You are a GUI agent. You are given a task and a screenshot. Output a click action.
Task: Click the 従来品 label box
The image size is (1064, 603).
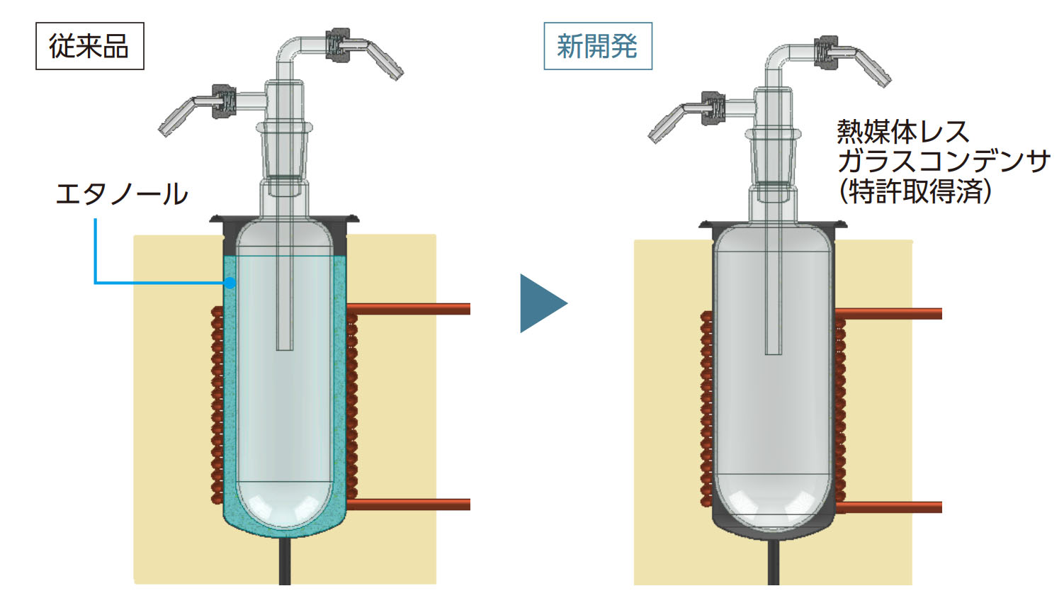click(89, 46)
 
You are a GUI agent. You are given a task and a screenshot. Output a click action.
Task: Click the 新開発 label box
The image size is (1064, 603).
click(597, 46)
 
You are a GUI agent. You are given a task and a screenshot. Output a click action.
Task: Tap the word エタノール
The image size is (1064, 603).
click(121, 193)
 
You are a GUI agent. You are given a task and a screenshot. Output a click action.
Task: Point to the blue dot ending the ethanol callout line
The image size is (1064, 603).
click(230, 283)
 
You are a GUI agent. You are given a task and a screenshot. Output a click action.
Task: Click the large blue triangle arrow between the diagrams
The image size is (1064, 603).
click(541, 303)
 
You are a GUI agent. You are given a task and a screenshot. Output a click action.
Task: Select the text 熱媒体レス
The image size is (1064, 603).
click(902, 132)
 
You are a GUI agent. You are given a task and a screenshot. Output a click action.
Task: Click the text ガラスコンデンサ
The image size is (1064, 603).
click(943, 162)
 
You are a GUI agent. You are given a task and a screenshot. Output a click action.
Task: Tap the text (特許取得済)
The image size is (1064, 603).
click(915, 191)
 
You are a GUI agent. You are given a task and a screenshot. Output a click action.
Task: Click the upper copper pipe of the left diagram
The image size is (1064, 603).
click(411, 309)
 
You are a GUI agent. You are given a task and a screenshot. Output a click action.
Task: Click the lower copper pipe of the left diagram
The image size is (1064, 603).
click(411, 505)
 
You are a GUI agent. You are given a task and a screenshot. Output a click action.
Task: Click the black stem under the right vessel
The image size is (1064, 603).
click(773, 563)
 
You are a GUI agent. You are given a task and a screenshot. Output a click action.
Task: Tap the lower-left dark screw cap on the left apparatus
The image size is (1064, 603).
click(223, 101)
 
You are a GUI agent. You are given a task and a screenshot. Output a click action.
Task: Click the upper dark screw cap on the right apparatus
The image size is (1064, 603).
click(825, 50)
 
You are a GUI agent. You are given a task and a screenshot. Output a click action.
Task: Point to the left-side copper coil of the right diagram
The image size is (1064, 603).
click(706, 408)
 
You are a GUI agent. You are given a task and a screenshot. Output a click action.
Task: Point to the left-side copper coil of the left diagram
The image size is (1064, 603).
click(217, 405)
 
